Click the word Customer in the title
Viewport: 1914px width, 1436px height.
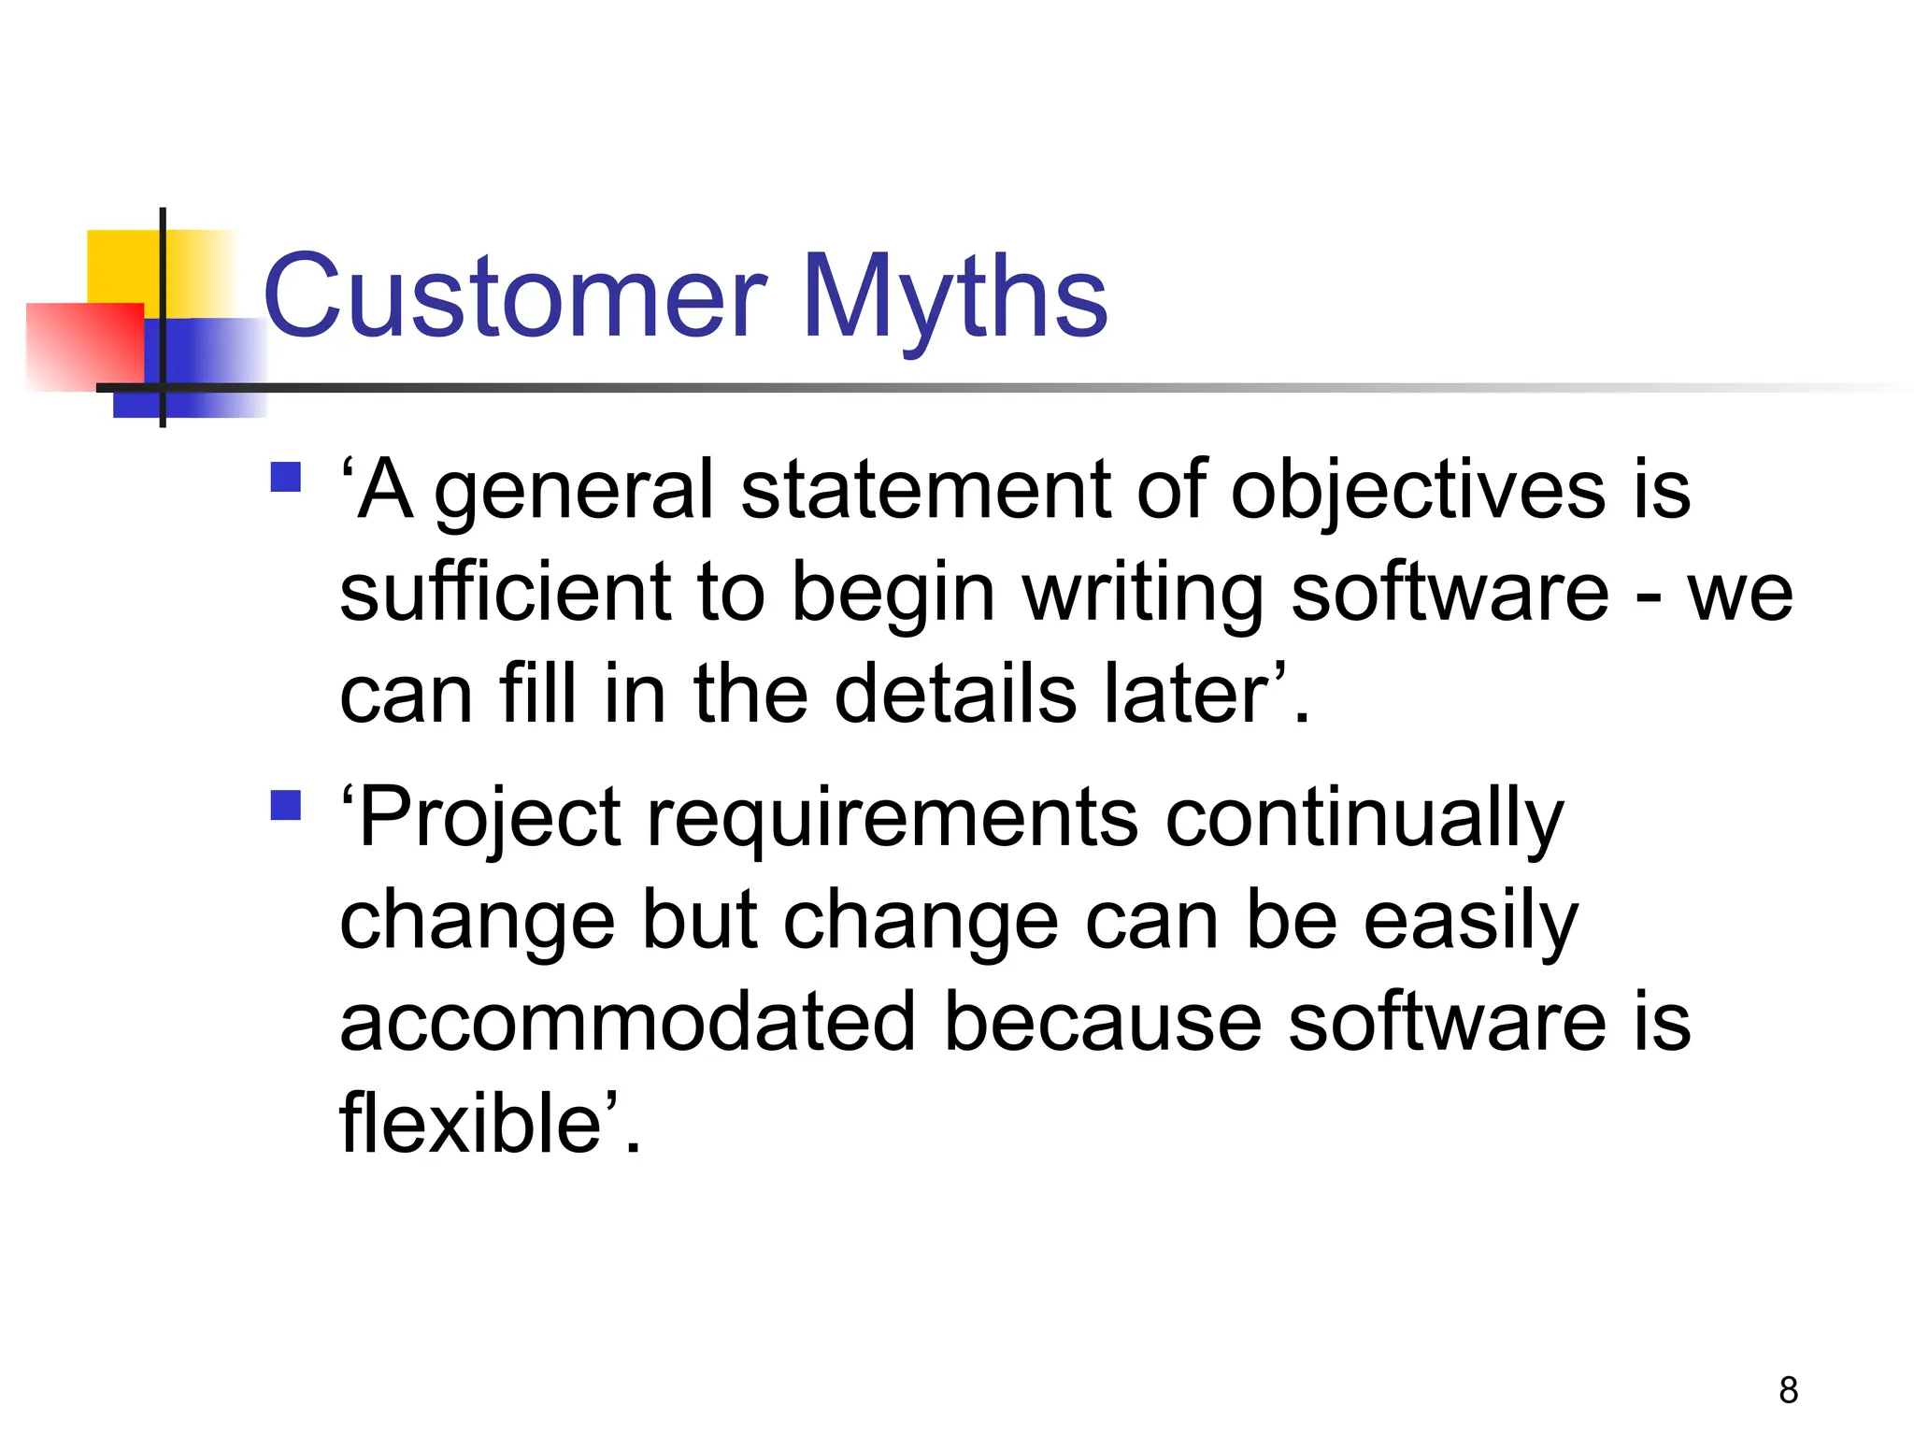[x=515, y=297]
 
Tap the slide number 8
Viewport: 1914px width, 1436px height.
[x=1788, y=1390]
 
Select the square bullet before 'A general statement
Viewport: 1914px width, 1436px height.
[x=285, y=478]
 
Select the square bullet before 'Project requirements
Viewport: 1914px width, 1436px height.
[x=285, y=805]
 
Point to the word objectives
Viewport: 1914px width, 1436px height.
[x=1417, y=491]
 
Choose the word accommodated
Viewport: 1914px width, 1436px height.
[x=627, y=1022]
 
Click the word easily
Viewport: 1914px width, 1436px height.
[x=1470, y=922]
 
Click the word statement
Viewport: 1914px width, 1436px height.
[x=925, y=491]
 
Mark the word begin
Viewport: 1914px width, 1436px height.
[x=893, y=593]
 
